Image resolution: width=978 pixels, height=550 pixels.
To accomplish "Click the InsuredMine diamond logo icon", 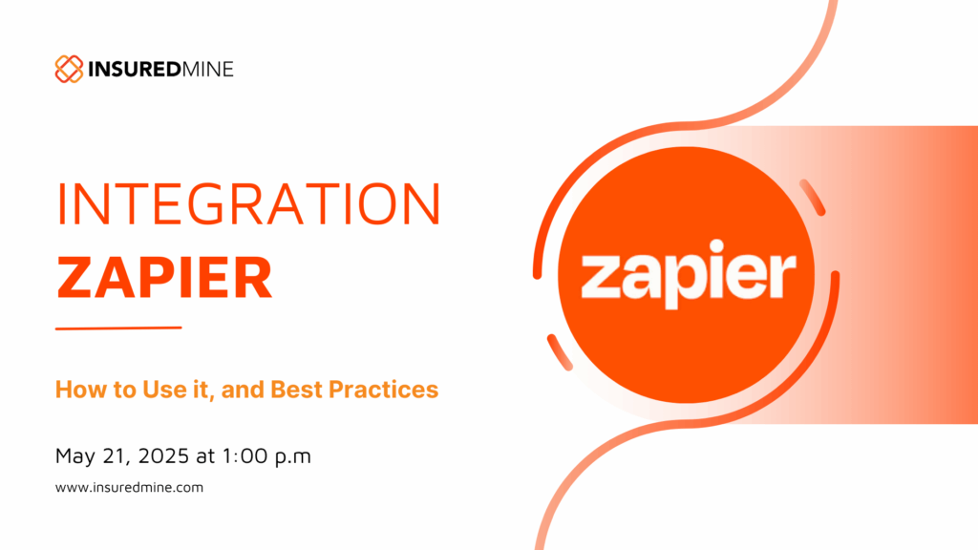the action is click(69, 69).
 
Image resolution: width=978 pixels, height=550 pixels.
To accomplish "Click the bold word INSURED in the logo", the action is click(135, 69).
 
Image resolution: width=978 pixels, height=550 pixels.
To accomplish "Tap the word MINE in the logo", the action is click(207, 69).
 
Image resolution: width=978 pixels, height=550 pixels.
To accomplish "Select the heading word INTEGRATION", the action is click(249, 204).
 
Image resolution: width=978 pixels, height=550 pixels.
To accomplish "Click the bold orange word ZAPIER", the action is click(164, 278).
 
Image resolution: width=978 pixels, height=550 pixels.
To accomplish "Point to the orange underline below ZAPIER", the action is click(118, 328).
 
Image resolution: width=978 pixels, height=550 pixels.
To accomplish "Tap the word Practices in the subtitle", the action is click(384, 390).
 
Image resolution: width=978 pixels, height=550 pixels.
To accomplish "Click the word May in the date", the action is click(74, 456).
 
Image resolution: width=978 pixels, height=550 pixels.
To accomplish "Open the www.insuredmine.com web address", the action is click(129, 488).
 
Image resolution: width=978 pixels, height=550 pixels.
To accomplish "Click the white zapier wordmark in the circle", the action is click(689, 274).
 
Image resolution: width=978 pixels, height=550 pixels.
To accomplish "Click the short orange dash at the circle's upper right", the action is click(813, 198).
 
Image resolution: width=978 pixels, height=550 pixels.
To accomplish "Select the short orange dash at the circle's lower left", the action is click(560, 352).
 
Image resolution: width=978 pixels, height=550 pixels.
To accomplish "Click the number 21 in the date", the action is click(117, 456).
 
